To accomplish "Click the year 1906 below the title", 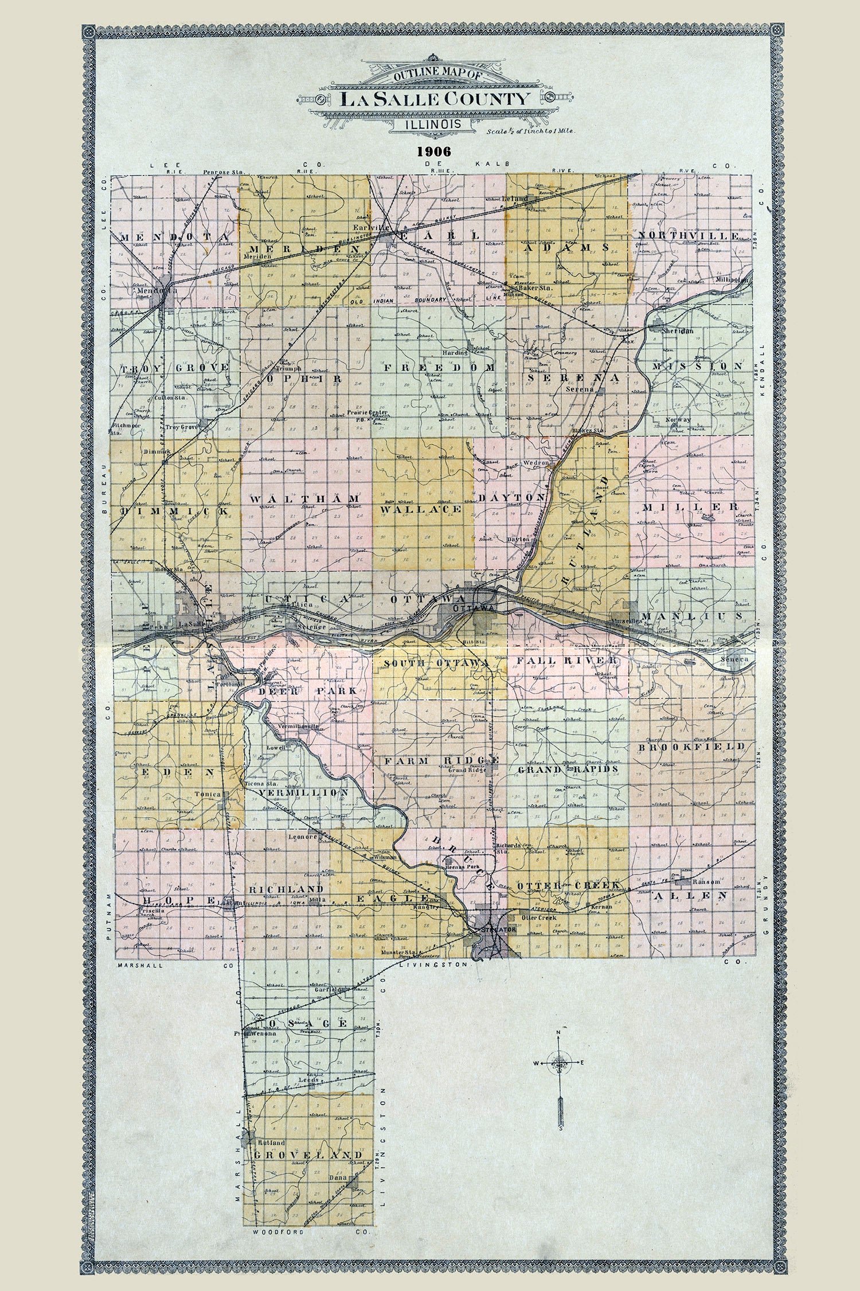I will [x=435, y=151].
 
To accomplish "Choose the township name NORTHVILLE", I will [x=688, y=236].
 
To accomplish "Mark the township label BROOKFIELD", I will [x=691, y=746].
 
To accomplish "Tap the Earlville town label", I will [x=373, y=227].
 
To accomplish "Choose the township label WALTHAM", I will [x=304, y=499].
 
